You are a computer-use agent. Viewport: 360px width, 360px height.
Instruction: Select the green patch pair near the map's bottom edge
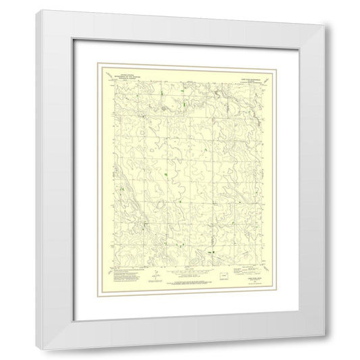211,252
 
